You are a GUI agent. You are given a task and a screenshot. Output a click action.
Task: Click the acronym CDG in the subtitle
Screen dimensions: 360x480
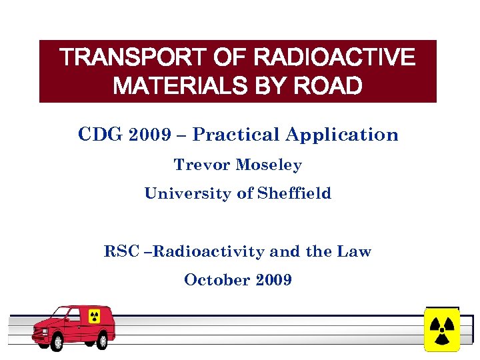point(100,135)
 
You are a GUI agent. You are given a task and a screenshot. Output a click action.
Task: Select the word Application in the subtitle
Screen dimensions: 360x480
point(342,135)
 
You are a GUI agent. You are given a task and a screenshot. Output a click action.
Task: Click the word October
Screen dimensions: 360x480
point(213,279)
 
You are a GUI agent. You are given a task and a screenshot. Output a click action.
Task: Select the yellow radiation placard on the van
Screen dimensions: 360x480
point(94,317)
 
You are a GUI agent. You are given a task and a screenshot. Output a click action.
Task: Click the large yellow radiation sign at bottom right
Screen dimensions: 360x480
point(441,329)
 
